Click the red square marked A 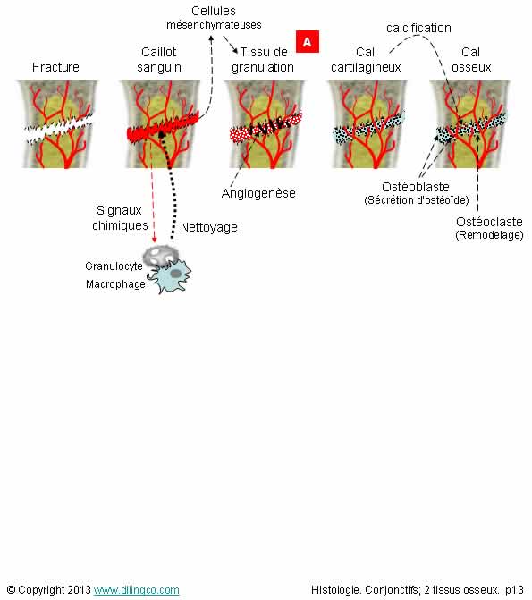tap(307, 41)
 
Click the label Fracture tap(55, 67)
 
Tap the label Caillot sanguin tap(159, 59)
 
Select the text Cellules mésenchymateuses tap(214, 18)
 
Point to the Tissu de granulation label tap(263, 59)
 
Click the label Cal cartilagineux tap(366, 59)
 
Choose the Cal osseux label tap(471, 59)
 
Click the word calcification tap(418, 28)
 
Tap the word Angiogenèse tap(258, 194)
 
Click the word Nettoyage tap(209, 227)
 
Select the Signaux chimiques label tap(120, 217)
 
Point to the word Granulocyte tap(114, 266)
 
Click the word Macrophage tap(115, 284)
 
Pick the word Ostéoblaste tap(416, 187)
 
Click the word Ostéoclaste tap(489, 222)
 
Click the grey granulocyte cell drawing tap(160, 255)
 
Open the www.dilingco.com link tap(136, 590)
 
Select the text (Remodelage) tap(489, 235)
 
